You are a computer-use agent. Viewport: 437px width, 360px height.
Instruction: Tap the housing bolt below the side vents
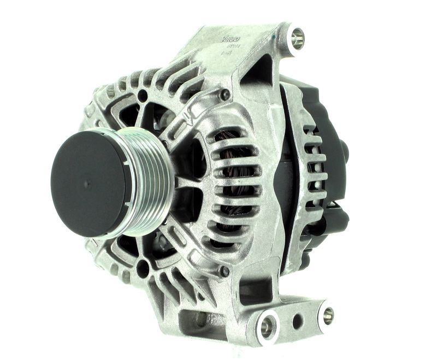pyautogui.click(x=223, y=271)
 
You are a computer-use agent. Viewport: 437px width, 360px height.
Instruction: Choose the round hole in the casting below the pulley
pyautogui.click(x=143, y=268)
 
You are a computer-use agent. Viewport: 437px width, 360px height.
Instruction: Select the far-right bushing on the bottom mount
pyautogui.click(x=327, y=314)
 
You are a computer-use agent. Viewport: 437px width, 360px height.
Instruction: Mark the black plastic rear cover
pyautogui.click(x=328, y=137)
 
